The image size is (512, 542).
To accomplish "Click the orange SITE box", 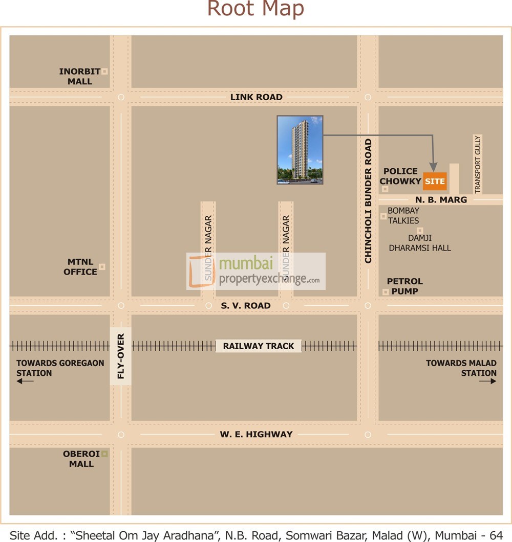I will pyautogui.click(x=435, y=182).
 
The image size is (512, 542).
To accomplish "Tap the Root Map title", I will pyautogui.click(x=255, y=9).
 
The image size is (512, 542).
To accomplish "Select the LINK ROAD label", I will pyautogui.click(x=256, y=97).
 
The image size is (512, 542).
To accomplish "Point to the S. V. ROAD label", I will pyautogui.click(x=246, y=306).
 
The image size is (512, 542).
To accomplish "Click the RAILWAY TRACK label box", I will pyautogui.click(x=259, y=346).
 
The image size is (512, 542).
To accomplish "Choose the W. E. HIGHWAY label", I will pyautogui.click(x=256, y=435).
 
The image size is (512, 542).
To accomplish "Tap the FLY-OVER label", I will pyautogui.click(x=121, y=356).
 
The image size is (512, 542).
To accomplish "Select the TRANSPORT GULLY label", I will pyautogui.click(x=478, y=164).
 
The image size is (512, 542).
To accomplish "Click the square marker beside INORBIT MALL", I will pyautogui.click(x=104, y=72).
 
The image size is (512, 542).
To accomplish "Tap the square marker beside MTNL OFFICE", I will pyautogui.click(x=102, y=266).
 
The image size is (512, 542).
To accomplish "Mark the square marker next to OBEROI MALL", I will pyautogui.click(x=104, y=454).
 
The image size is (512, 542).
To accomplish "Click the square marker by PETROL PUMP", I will pyautogui.click(x=386, y=292).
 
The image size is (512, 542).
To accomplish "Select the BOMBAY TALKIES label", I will pyautogui.click(x=403, y=215).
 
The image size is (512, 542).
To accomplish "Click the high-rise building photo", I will pyautogui.click(x=300, y=150).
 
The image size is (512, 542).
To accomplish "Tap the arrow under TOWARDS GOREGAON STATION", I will pyautogui.click(x=25, y=381).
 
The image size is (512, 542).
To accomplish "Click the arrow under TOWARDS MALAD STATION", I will pyautogui.click(x=488, y=381).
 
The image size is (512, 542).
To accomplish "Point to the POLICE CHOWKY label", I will pyautogui.click(x=400, y=176).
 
